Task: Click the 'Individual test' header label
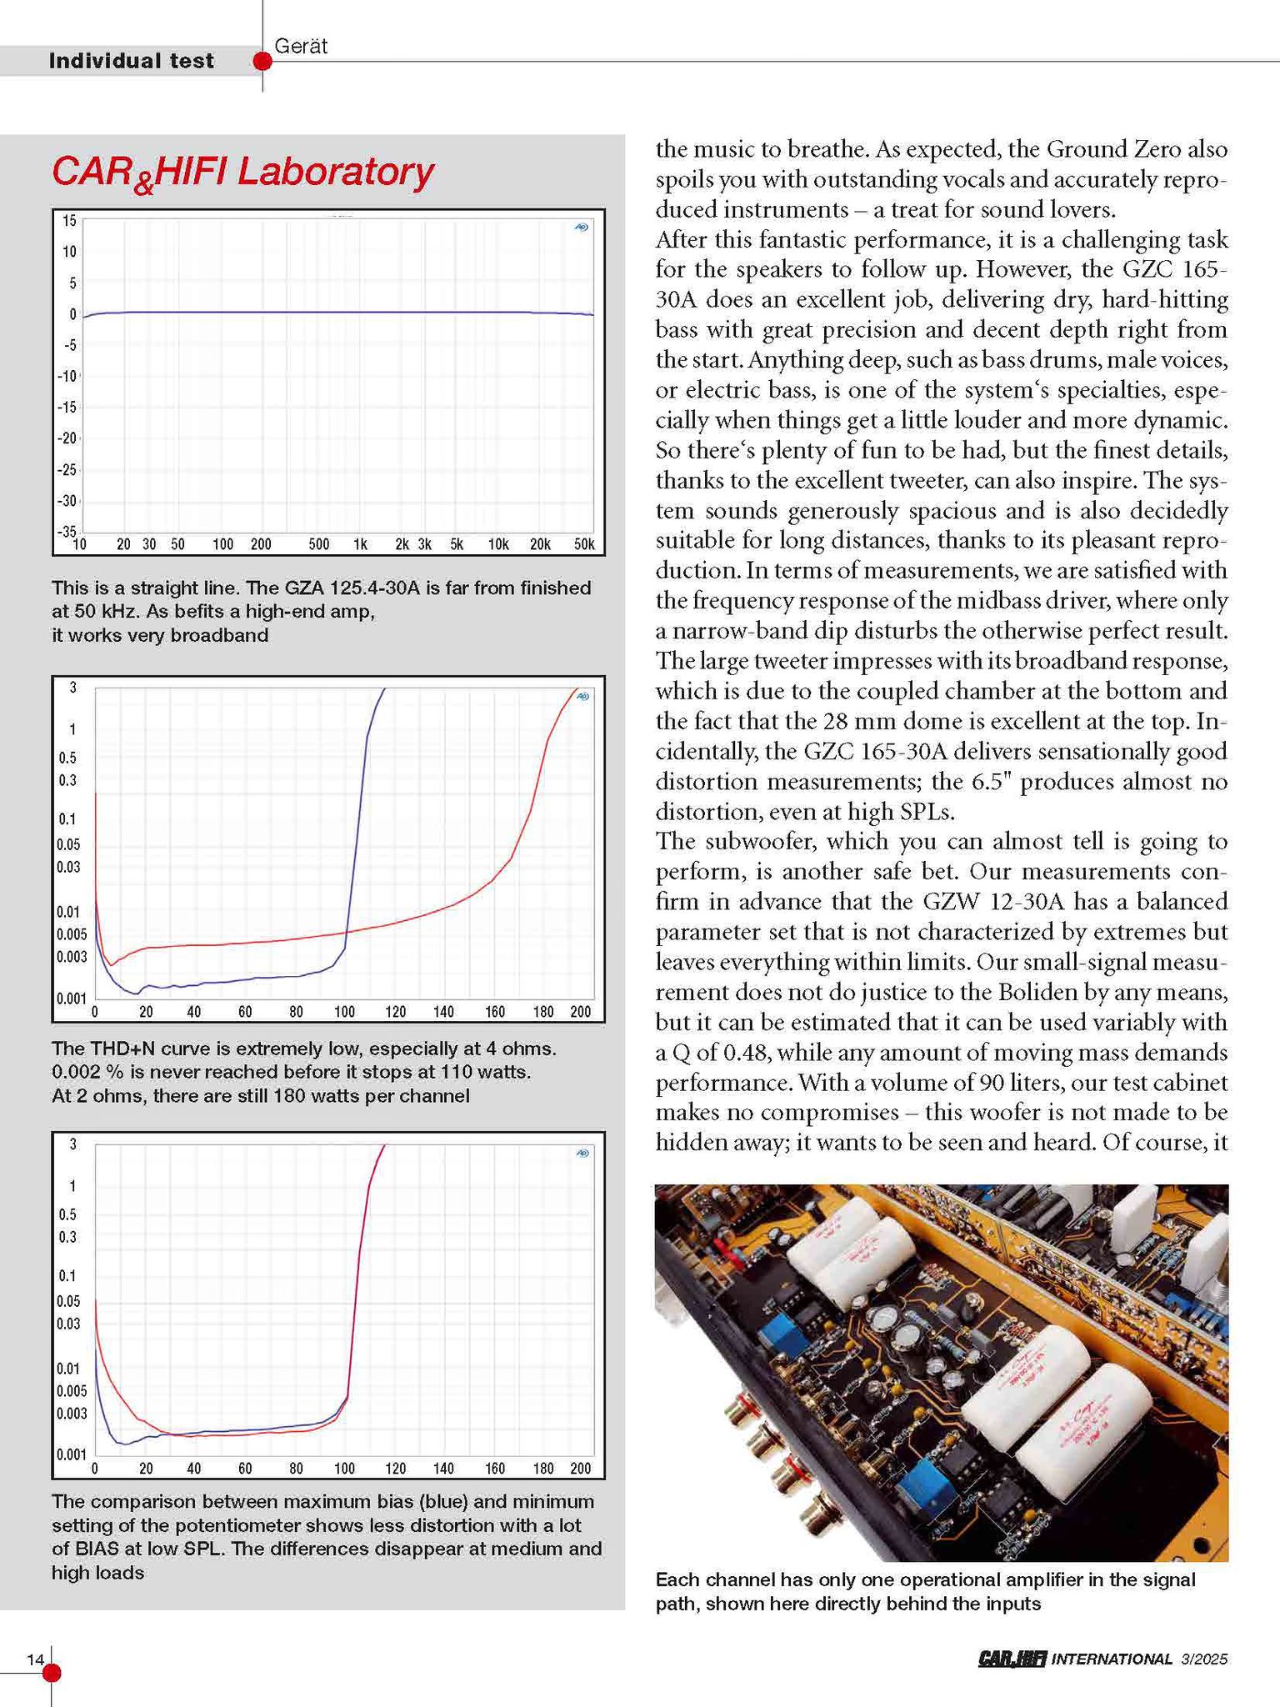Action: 131,61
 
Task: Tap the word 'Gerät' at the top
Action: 301,47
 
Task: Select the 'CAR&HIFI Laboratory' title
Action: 242,173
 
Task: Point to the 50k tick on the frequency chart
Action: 584,545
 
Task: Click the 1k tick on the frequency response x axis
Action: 360,545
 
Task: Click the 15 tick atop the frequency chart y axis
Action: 68,221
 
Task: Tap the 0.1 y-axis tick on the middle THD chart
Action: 67,819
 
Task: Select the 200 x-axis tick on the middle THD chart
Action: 580,1012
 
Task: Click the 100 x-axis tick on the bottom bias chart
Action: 344,1469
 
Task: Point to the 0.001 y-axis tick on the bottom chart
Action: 71,1454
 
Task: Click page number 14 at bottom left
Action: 35,1659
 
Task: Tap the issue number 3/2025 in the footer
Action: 1204,1659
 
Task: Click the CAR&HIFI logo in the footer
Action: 1012,1659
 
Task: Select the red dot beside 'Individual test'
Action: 262,62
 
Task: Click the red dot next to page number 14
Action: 52,1672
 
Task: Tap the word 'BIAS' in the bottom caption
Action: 97,1549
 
